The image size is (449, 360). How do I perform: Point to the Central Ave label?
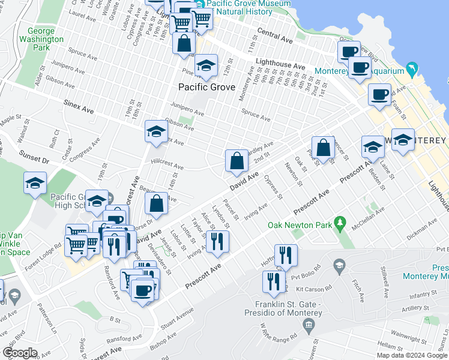pyautogui.click(x=274, y=36)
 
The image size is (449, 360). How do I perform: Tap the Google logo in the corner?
pyautogui.click(x=19, y=353)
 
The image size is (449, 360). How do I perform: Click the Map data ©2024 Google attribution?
pyautogui.click(x=412, y=355)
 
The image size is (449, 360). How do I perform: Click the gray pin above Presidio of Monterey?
pyautogui.click(x=309, y=326)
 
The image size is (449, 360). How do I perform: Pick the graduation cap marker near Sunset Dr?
pyautogui.click(x=35, y=184)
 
